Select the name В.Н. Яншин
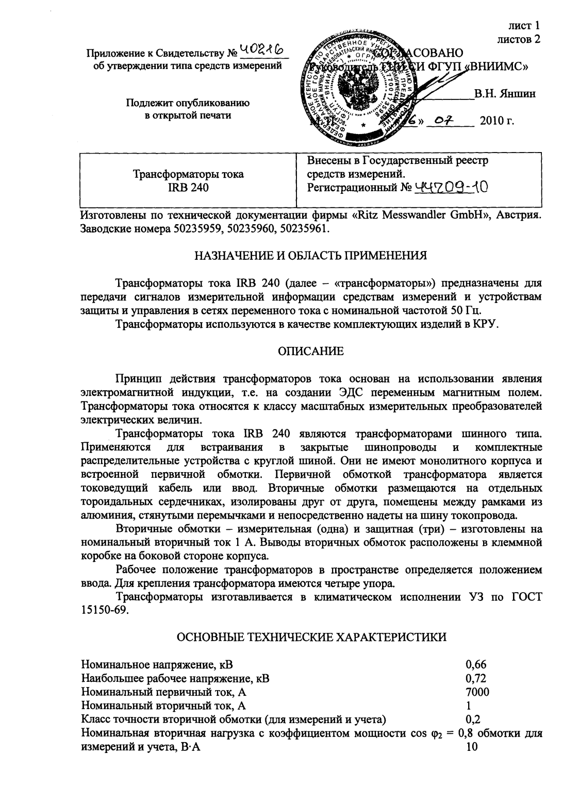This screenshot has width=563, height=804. [x=505, y=93]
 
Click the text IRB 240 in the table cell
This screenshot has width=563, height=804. [x=188, y=188]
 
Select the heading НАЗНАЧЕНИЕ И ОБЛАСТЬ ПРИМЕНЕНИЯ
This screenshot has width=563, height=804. [x=310, y=255]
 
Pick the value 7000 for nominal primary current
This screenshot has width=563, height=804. [x=477, y=692]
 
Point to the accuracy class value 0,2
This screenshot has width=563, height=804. [x=473, y=719]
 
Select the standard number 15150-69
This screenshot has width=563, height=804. [x=103, y=610]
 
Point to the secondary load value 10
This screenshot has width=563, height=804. [x=471, y=747]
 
